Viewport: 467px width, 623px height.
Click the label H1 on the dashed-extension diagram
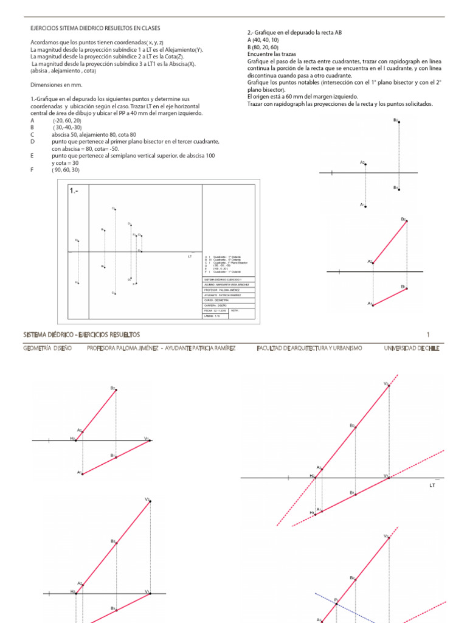click(312, 513)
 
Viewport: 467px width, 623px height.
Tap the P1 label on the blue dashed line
click(336, 599)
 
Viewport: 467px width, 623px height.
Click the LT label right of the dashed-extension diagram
click(432, 486)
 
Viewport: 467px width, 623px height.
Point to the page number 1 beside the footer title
click(428, 335)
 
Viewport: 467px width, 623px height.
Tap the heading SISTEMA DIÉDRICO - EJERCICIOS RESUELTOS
click(81, 335)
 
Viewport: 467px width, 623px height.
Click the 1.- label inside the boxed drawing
click(75, 190)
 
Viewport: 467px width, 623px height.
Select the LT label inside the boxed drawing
click(189, 256)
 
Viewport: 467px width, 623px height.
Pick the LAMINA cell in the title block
click(213, 316)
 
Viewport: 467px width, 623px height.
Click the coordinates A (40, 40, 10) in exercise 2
click(263, 39)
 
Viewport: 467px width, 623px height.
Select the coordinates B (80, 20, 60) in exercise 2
click(263, 46)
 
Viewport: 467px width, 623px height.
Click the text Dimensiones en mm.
click(55, 86)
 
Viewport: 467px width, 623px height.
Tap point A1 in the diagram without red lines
click(364, 206)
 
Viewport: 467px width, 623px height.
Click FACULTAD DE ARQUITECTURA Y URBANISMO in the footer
click(310, 348)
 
